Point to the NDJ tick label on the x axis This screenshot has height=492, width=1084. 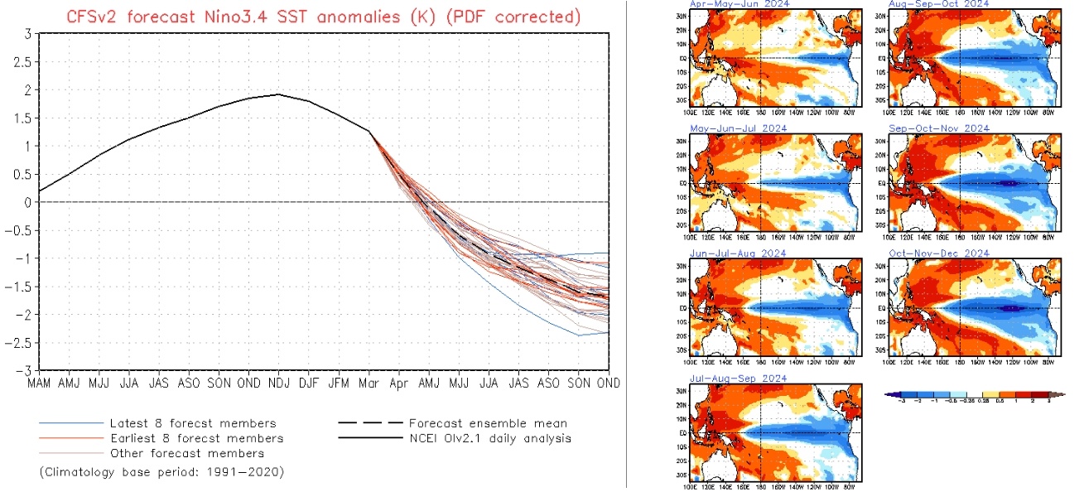click(279, 383)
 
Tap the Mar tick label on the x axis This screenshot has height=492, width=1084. click(369, 383)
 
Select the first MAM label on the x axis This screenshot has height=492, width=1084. click(38, 383)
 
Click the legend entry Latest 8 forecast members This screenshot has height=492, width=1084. click(193, 423)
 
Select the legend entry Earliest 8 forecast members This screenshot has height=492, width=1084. click(197, 438)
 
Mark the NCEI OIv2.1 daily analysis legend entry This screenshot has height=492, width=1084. click(489, 438)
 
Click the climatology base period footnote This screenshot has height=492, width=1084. click(161, 472)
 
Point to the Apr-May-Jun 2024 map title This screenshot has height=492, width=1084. click(739, 4)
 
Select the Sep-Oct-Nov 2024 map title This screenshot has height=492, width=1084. click(938, 128)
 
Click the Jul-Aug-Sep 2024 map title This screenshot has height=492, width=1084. click(739, 378)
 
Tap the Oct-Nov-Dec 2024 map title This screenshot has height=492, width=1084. click(938, 253)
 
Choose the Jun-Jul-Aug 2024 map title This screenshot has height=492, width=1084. click(739, 253)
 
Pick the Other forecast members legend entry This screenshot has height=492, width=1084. click(187, 453)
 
